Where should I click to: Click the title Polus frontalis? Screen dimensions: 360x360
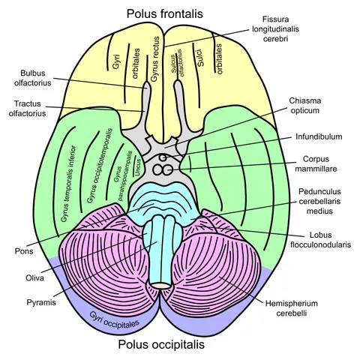(164, 13)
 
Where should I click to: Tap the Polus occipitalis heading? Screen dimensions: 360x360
(161, 344)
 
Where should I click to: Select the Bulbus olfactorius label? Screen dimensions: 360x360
(33, 78)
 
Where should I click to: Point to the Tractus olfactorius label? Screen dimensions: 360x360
(27, 109)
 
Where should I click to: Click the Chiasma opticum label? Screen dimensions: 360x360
(305, 106)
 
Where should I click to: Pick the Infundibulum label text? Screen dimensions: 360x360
(319, 136)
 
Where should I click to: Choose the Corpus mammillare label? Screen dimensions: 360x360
(316, 163)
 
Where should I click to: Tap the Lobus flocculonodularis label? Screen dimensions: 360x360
(321, 240)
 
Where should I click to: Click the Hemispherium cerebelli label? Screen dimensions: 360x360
(292, 308)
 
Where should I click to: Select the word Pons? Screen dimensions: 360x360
(24, 251)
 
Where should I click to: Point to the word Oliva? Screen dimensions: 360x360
(34, 278)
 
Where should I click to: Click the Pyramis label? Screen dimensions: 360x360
(41, 302)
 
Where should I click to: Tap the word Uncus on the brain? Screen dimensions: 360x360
(137, 167)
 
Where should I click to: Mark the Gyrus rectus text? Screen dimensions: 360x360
(154, 59)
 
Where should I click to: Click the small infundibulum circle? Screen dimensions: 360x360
(163, 157)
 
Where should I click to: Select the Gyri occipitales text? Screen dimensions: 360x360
(114, 320)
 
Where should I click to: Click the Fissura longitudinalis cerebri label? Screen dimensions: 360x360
(275, 29)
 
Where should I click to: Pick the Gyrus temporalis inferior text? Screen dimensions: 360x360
(68, 184)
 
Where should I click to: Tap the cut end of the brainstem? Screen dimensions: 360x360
(161, 286)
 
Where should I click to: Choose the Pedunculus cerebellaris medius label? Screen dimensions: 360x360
(319, 201)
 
